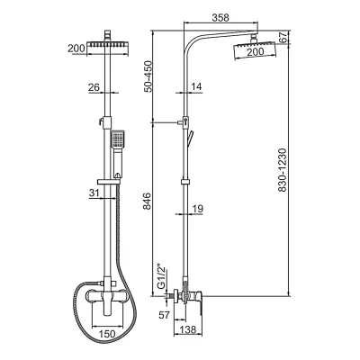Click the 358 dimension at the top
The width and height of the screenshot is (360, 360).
(x=220, y=18)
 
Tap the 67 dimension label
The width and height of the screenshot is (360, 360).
(x=283, y=37)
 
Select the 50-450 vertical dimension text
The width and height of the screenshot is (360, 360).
(x=148, y=76)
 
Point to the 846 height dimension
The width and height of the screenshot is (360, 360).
(x=148, y=202)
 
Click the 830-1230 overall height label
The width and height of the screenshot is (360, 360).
(x=283, y=170)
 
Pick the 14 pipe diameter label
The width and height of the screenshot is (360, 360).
(x=196, y=86)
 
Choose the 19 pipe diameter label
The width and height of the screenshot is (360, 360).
(x=197, y=209)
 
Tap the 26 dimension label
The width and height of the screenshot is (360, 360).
(x=94, y=87)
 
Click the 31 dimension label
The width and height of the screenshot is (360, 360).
(x=94, y=193)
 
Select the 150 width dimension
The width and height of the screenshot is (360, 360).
(x=107, y=334)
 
